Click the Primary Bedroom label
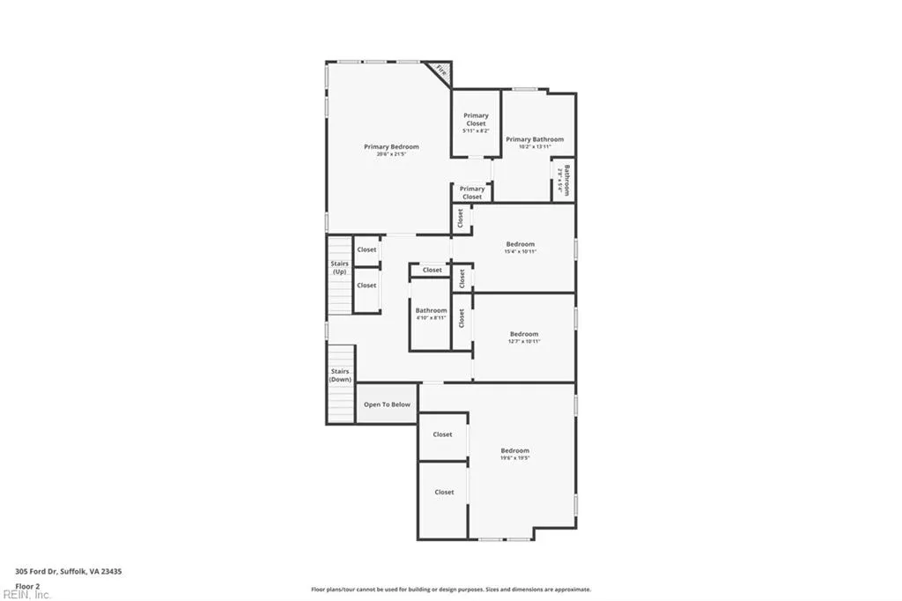click(392, 146)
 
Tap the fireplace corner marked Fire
click(440, 71)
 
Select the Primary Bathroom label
click(535, 139)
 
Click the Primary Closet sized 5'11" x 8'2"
click(476, 122)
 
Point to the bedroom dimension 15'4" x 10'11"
click(520, 252)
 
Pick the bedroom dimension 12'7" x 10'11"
click(523, 342)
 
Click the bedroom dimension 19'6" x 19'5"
click(515, 458)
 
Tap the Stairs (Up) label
click(339, 267)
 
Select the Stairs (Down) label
click(340, 375)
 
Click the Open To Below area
click(388, 404)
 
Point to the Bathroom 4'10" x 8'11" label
click(432, 313)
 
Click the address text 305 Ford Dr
click(69, 571)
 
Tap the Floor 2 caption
click(27, 585)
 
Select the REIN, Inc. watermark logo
click(26, 595)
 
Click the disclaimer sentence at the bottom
click(450, 590)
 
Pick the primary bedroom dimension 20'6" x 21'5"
click(392, 154)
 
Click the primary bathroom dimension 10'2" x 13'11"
click(535, 147)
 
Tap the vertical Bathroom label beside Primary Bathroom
click(565, 180)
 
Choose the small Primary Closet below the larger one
click(472, 192)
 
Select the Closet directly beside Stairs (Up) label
click(366, 249)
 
